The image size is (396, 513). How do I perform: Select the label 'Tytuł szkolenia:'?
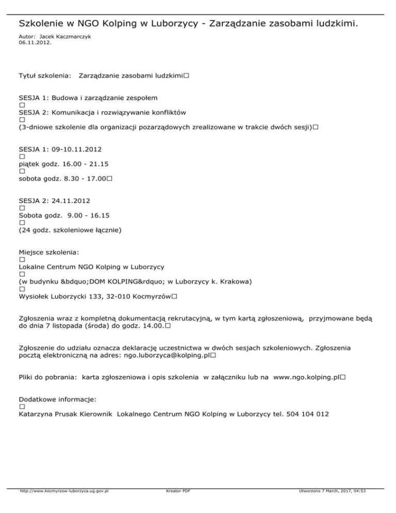click(x=45, y=76)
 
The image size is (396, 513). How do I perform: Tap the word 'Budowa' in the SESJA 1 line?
click(x=65, y=98)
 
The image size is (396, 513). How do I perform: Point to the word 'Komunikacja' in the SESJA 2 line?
click(x=77, y=112)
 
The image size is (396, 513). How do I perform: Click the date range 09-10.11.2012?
click(x=76, y=149)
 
